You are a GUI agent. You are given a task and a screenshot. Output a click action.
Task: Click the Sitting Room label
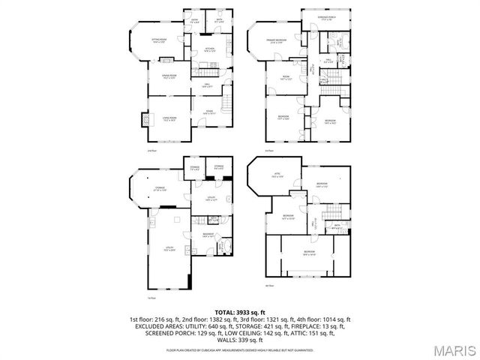(x=159, y=41)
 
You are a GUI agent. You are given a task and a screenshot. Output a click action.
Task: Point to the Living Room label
(x=168, y=118)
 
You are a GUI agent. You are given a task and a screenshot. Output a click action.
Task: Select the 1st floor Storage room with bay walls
(x=160, y=188)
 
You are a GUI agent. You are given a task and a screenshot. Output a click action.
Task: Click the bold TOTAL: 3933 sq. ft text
(x=239, y=311)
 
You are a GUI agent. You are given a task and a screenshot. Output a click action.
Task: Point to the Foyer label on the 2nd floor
(x=194, y=22)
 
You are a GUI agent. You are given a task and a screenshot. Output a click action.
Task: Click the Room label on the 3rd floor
(x=286, y=78)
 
